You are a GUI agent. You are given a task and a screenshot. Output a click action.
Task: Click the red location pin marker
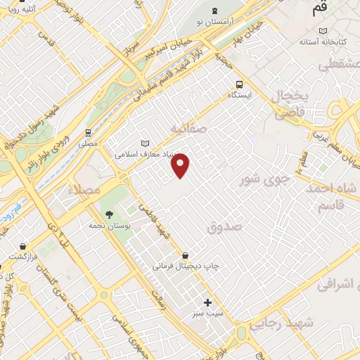point(181,165)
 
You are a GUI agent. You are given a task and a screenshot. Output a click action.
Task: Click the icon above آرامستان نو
point(214,10)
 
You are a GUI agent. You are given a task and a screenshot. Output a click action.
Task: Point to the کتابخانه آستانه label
point(323,41)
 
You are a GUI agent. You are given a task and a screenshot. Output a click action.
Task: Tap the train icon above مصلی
point(88,131)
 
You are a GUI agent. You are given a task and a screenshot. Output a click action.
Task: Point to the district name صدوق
point(224,227)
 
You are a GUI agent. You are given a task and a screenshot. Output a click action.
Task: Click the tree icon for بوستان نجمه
point(108,214)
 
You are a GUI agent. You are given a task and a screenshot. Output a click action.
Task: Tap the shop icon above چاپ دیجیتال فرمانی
point(185,255)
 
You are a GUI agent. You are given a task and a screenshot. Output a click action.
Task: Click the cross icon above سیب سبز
point(207,302)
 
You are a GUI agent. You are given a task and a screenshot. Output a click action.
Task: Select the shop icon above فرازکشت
point(25,247)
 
